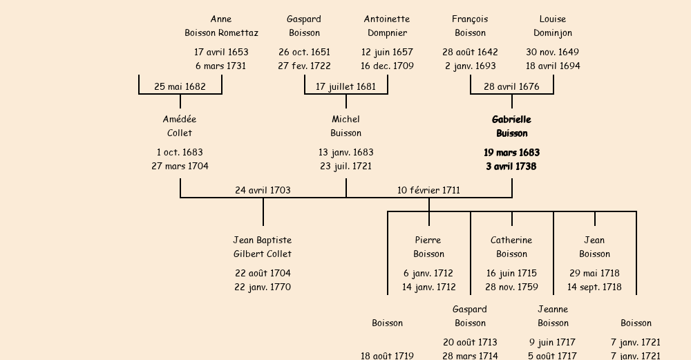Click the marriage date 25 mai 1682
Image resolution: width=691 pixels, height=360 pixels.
coord(180,86)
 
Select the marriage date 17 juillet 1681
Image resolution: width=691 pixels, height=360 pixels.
coord(345,86)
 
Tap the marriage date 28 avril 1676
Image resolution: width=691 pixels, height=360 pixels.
coord(511,86)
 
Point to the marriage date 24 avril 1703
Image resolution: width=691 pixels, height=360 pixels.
coord(263,190)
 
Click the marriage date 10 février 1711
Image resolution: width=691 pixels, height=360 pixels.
coord(428,190)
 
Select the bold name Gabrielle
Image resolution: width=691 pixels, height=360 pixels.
coord(511,120)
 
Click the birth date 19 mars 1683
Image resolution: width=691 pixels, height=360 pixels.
coord(511,152)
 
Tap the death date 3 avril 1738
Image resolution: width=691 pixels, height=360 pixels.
coord(511,166)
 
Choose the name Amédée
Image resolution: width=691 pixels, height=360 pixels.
coord(180,120)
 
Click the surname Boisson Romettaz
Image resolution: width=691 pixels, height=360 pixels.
coord(221,32)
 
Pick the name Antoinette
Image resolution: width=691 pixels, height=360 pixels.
coord(387,19)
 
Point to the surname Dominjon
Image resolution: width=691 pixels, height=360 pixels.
coord(553,32)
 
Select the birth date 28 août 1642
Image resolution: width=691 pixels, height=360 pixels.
coord(470,52)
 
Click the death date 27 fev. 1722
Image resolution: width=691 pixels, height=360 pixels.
coord(304,66)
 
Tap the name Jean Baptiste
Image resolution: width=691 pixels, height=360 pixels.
coord(263,240)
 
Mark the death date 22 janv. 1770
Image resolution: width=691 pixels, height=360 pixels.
coord(263,287)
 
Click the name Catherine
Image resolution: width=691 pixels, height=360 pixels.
coord(511,240)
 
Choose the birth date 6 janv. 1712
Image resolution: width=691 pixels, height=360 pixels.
coord(428,273)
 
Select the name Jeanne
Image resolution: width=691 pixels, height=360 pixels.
coord(553,309)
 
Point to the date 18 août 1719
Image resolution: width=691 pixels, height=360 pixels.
coord(387,355)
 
